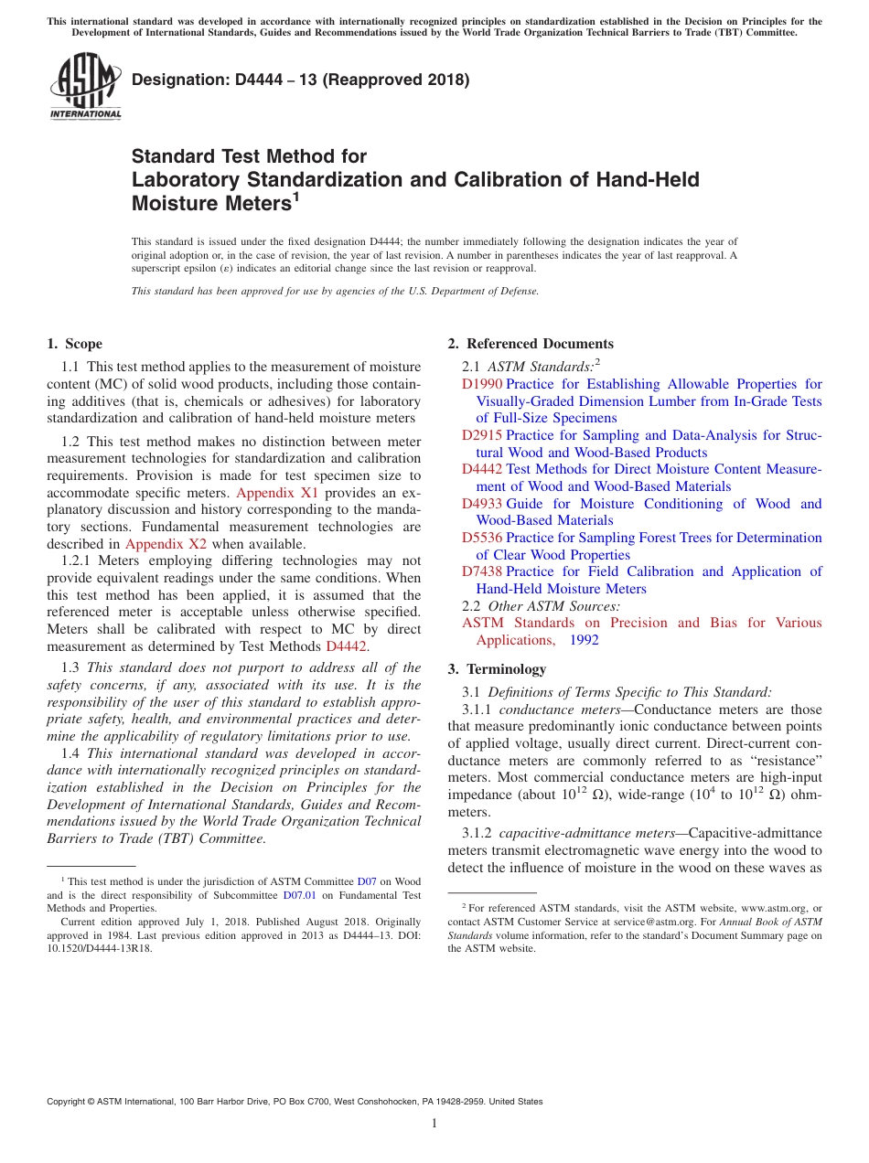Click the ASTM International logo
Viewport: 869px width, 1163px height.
click(85, 86)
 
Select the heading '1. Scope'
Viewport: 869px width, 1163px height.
click(74, 344)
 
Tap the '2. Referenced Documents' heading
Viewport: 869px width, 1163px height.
click(530, 344)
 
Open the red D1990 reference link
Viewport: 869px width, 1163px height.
click(482, 384)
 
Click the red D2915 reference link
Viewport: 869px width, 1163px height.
click(482, 435)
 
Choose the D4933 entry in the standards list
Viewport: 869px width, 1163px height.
click(482, 504)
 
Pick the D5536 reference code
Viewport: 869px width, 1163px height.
click(482, 538)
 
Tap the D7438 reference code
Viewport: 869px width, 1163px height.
click(482, 571)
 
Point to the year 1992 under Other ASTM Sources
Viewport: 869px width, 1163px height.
click(584, 640)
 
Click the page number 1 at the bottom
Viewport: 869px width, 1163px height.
click(434, 1124)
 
